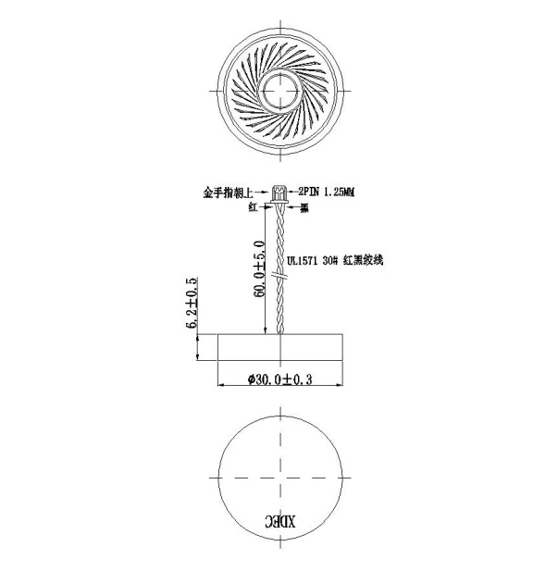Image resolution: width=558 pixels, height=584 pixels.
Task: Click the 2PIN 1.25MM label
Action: (x=326, y=193)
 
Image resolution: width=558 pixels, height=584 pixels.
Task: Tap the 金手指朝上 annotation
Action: (x=228, y=193)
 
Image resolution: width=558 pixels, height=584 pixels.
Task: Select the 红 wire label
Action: (x=254, y=207)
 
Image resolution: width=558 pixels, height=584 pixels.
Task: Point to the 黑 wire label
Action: (x=304, y=208)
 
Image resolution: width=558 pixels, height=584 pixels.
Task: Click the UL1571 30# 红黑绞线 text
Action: (x=334, y=260)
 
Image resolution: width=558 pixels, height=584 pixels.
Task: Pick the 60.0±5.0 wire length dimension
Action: (x=260, y=268)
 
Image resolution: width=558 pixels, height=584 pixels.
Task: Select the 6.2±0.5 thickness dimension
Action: (x=192, y=303)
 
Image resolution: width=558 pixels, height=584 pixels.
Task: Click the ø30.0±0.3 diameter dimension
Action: (x=280, y=379)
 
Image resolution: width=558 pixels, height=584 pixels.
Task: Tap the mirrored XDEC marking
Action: (x=280, y=521)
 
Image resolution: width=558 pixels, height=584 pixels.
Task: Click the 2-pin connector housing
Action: (x=279, y=194)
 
